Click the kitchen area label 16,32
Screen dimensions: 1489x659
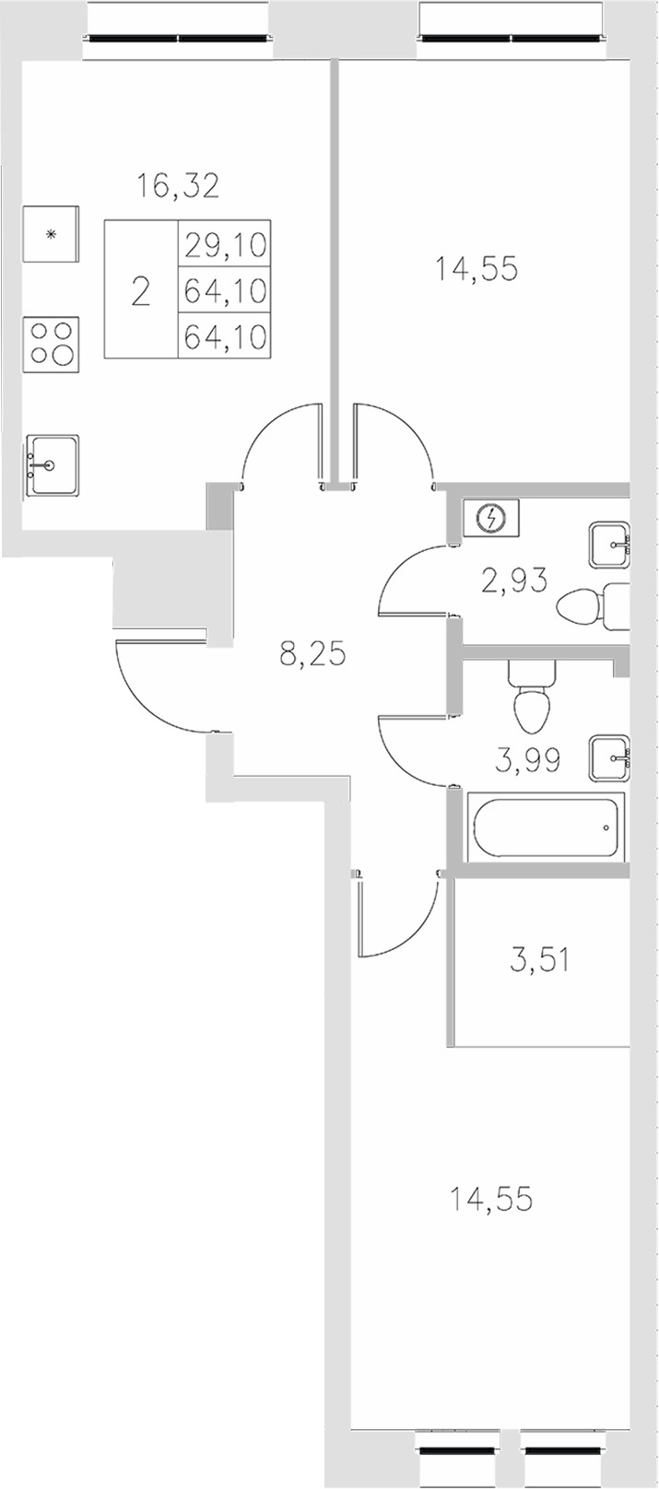(x=178, y=186)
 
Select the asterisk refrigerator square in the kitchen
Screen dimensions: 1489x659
(x=52, y=234)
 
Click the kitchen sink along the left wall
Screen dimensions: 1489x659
(x=52, y=466)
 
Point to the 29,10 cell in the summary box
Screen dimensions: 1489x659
(x=225, y=244)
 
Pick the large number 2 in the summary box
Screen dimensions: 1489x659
(x=140, y=291)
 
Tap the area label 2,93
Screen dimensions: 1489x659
(x=514, y=580)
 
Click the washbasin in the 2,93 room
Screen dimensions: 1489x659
(x=609, y=545)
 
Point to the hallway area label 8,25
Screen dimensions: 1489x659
(x=312, y=655)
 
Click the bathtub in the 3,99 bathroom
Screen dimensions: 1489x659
(x=546, y=827)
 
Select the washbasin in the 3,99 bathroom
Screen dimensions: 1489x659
(x=609, y=757)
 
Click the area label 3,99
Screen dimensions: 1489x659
(x=528, y=761)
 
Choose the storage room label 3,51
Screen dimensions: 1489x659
(x=539, y=961)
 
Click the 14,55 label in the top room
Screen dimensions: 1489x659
(x=476, y=269)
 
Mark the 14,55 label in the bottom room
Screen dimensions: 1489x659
(x=490, y=1200)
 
